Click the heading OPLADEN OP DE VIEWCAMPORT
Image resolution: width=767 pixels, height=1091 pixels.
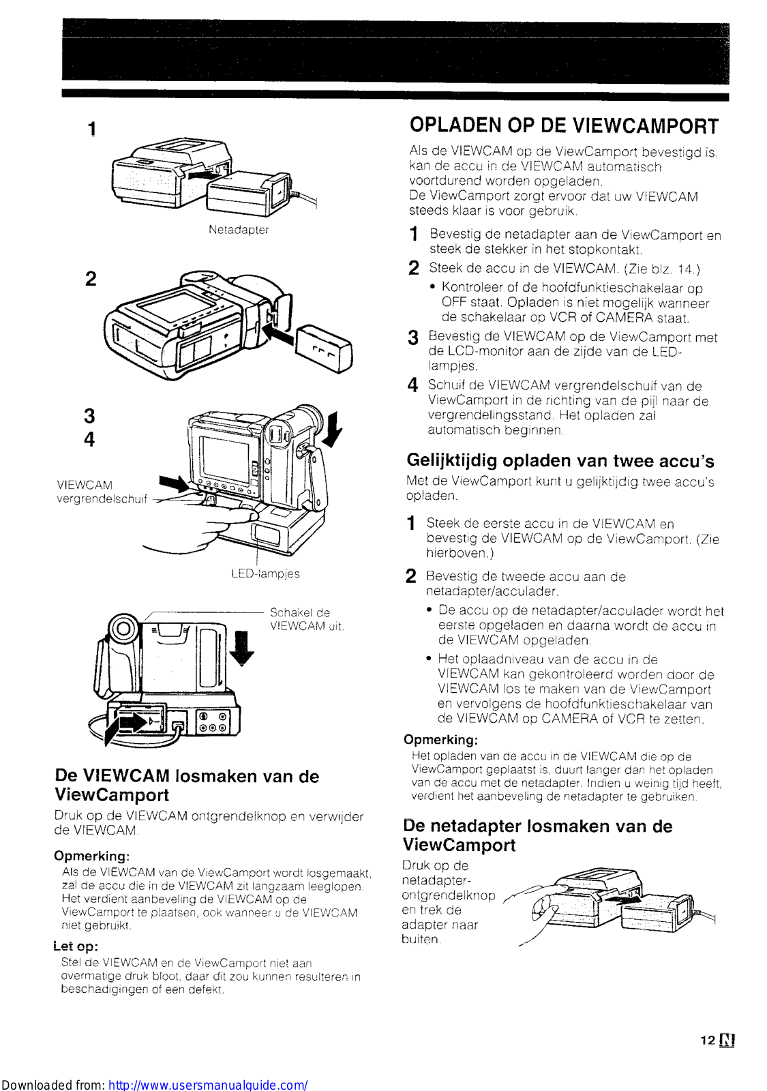564,126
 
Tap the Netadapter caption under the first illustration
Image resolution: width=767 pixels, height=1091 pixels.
239,230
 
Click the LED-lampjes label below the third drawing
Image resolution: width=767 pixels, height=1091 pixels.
265,573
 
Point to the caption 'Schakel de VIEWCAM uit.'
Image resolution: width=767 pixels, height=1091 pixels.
306,619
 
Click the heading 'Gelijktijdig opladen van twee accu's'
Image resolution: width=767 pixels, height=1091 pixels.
560,461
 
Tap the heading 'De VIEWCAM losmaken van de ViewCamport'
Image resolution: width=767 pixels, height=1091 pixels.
187,786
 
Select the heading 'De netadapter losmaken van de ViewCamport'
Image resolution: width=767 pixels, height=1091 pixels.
537,835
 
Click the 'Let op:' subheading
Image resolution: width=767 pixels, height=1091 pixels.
76,946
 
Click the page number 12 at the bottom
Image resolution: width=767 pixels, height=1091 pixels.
708,1040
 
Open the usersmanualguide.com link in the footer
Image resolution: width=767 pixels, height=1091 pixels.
208,1084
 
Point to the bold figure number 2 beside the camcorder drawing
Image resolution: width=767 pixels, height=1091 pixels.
91,278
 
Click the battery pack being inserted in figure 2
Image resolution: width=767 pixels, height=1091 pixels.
324,348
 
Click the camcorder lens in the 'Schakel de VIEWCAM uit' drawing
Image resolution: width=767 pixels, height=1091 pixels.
122,628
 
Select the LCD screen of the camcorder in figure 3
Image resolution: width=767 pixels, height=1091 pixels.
224,458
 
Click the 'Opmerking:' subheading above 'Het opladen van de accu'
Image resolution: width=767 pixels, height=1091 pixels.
440,740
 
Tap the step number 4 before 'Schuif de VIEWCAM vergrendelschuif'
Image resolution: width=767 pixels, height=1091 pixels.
412,386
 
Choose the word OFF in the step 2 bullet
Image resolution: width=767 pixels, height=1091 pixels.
453,302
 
